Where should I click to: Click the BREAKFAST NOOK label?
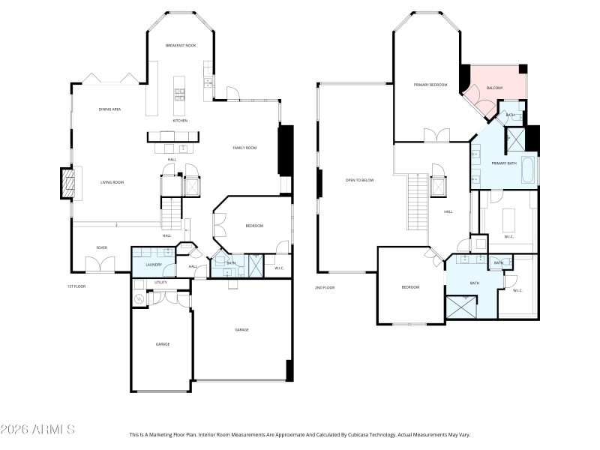coord(181,46)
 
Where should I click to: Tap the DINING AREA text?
coord(110,109)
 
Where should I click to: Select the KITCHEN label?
coord(180,121)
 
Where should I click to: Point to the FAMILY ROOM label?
coord(244,148)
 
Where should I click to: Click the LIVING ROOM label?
coord(112,182)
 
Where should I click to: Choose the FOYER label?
coord(101,247)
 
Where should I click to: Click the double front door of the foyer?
coord(100,265)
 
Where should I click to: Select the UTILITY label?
coord(160,283)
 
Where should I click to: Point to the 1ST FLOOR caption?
coord(76,287)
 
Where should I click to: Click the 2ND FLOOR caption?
coord(325,287)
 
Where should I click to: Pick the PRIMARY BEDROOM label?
coord(430,85)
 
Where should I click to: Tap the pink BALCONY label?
coord(494,88)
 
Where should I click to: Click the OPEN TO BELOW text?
coord(359,180)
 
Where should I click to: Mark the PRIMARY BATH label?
coord(504,163)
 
